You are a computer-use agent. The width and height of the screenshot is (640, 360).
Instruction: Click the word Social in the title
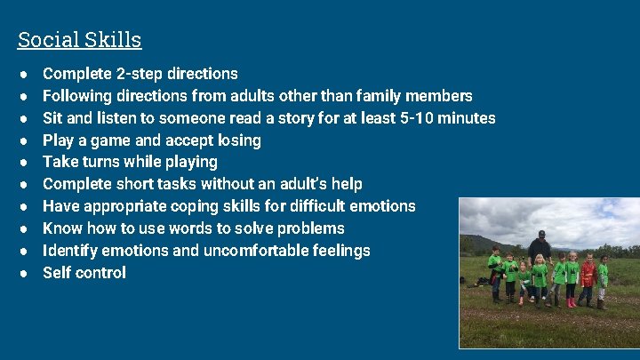44,40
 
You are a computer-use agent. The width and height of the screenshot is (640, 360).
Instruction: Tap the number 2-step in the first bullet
142,74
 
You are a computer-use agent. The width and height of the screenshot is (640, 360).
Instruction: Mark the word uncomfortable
254,251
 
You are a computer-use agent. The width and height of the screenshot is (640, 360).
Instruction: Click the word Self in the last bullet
56,273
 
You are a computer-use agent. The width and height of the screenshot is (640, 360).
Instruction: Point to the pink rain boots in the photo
572,303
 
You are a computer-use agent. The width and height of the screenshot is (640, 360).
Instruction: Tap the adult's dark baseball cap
540,234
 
